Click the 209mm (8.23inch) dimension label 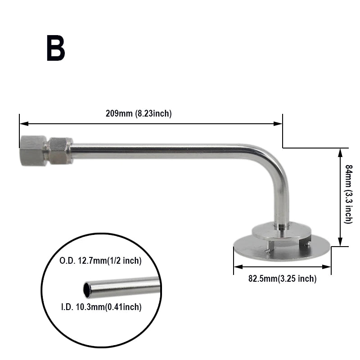tap(139, 113)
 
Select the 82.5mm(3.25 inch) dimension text tap(282, 279)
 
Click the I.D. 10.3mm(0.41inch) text tap(101, 307)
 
